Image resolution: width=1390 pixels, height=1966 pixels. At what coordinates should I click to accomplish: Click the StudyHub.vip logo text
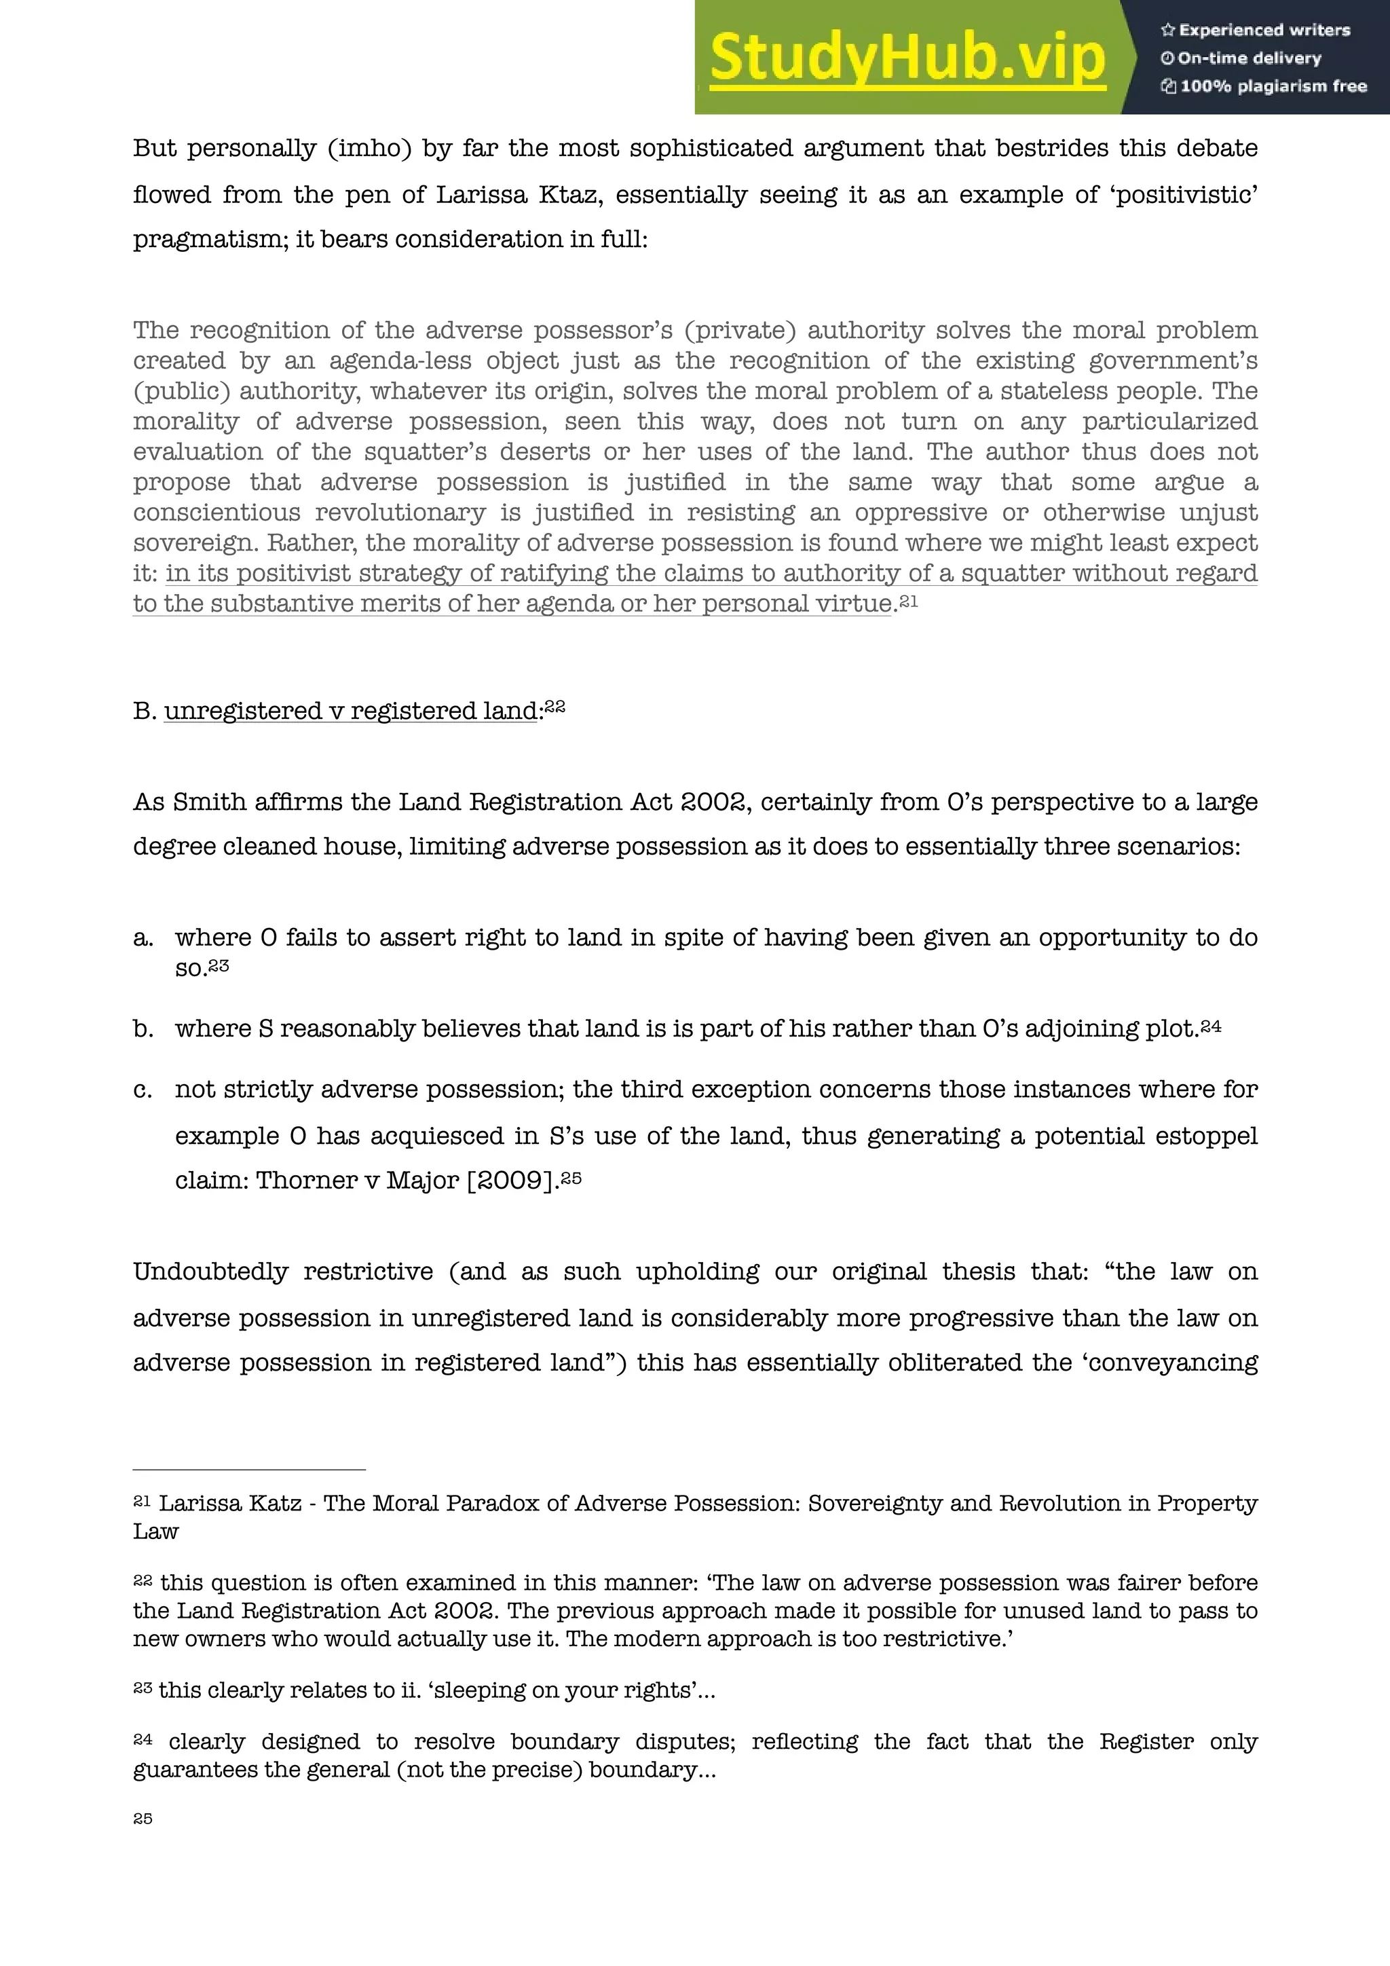tap(907, 58)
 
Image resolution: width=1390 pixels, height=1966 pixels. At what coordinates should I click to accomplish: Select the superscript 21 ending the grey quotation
tap(909, 600)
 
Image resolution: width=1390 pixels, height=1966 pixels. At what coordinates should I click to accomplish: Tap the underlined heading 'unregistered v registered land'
tap(351, 711)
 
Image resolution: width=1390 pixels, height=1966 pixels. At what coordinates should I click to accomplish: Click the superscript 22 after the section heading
tap(555, 707)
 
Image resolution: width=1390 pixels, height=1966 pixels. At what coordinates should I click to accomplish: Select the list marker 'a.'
tap(143, 938)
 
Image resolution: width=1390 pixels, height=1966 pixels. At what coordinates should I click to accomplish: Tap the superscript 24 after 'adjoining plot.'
tap(1211, 1025)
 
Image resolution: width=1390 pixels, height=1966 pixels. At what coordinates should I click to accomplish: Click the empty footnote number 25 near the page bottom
tap(143, 1819)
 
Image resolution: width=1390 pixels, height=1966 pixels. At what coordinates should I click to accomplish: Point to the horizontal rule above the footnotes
tap(249, 1469)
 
